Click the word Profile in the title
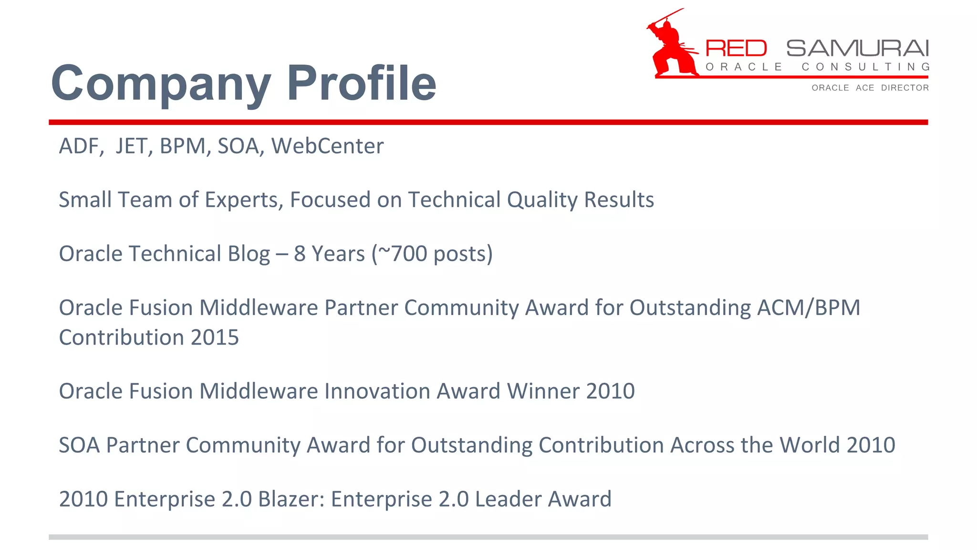pyautogui.click(x=361, y=83)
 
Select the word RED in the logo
pyautogui.click(x=736, y=49)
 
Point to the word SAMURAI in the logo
pyautogui.click(x=857, y=49)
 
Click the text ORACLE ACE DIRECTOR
pyautogui.click(x=870, y=88)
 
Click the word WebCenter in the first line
pyautogui.click(x=327, y=146)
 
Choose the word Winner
pyautogui.click(x=543, y=391)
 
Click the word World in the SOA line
pyautogui.click(x=809, y=445)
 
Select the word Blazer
pyautogui.click(x=291, y=499)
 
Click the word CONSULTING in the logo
pyautogui.click(x=865, y=67)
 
